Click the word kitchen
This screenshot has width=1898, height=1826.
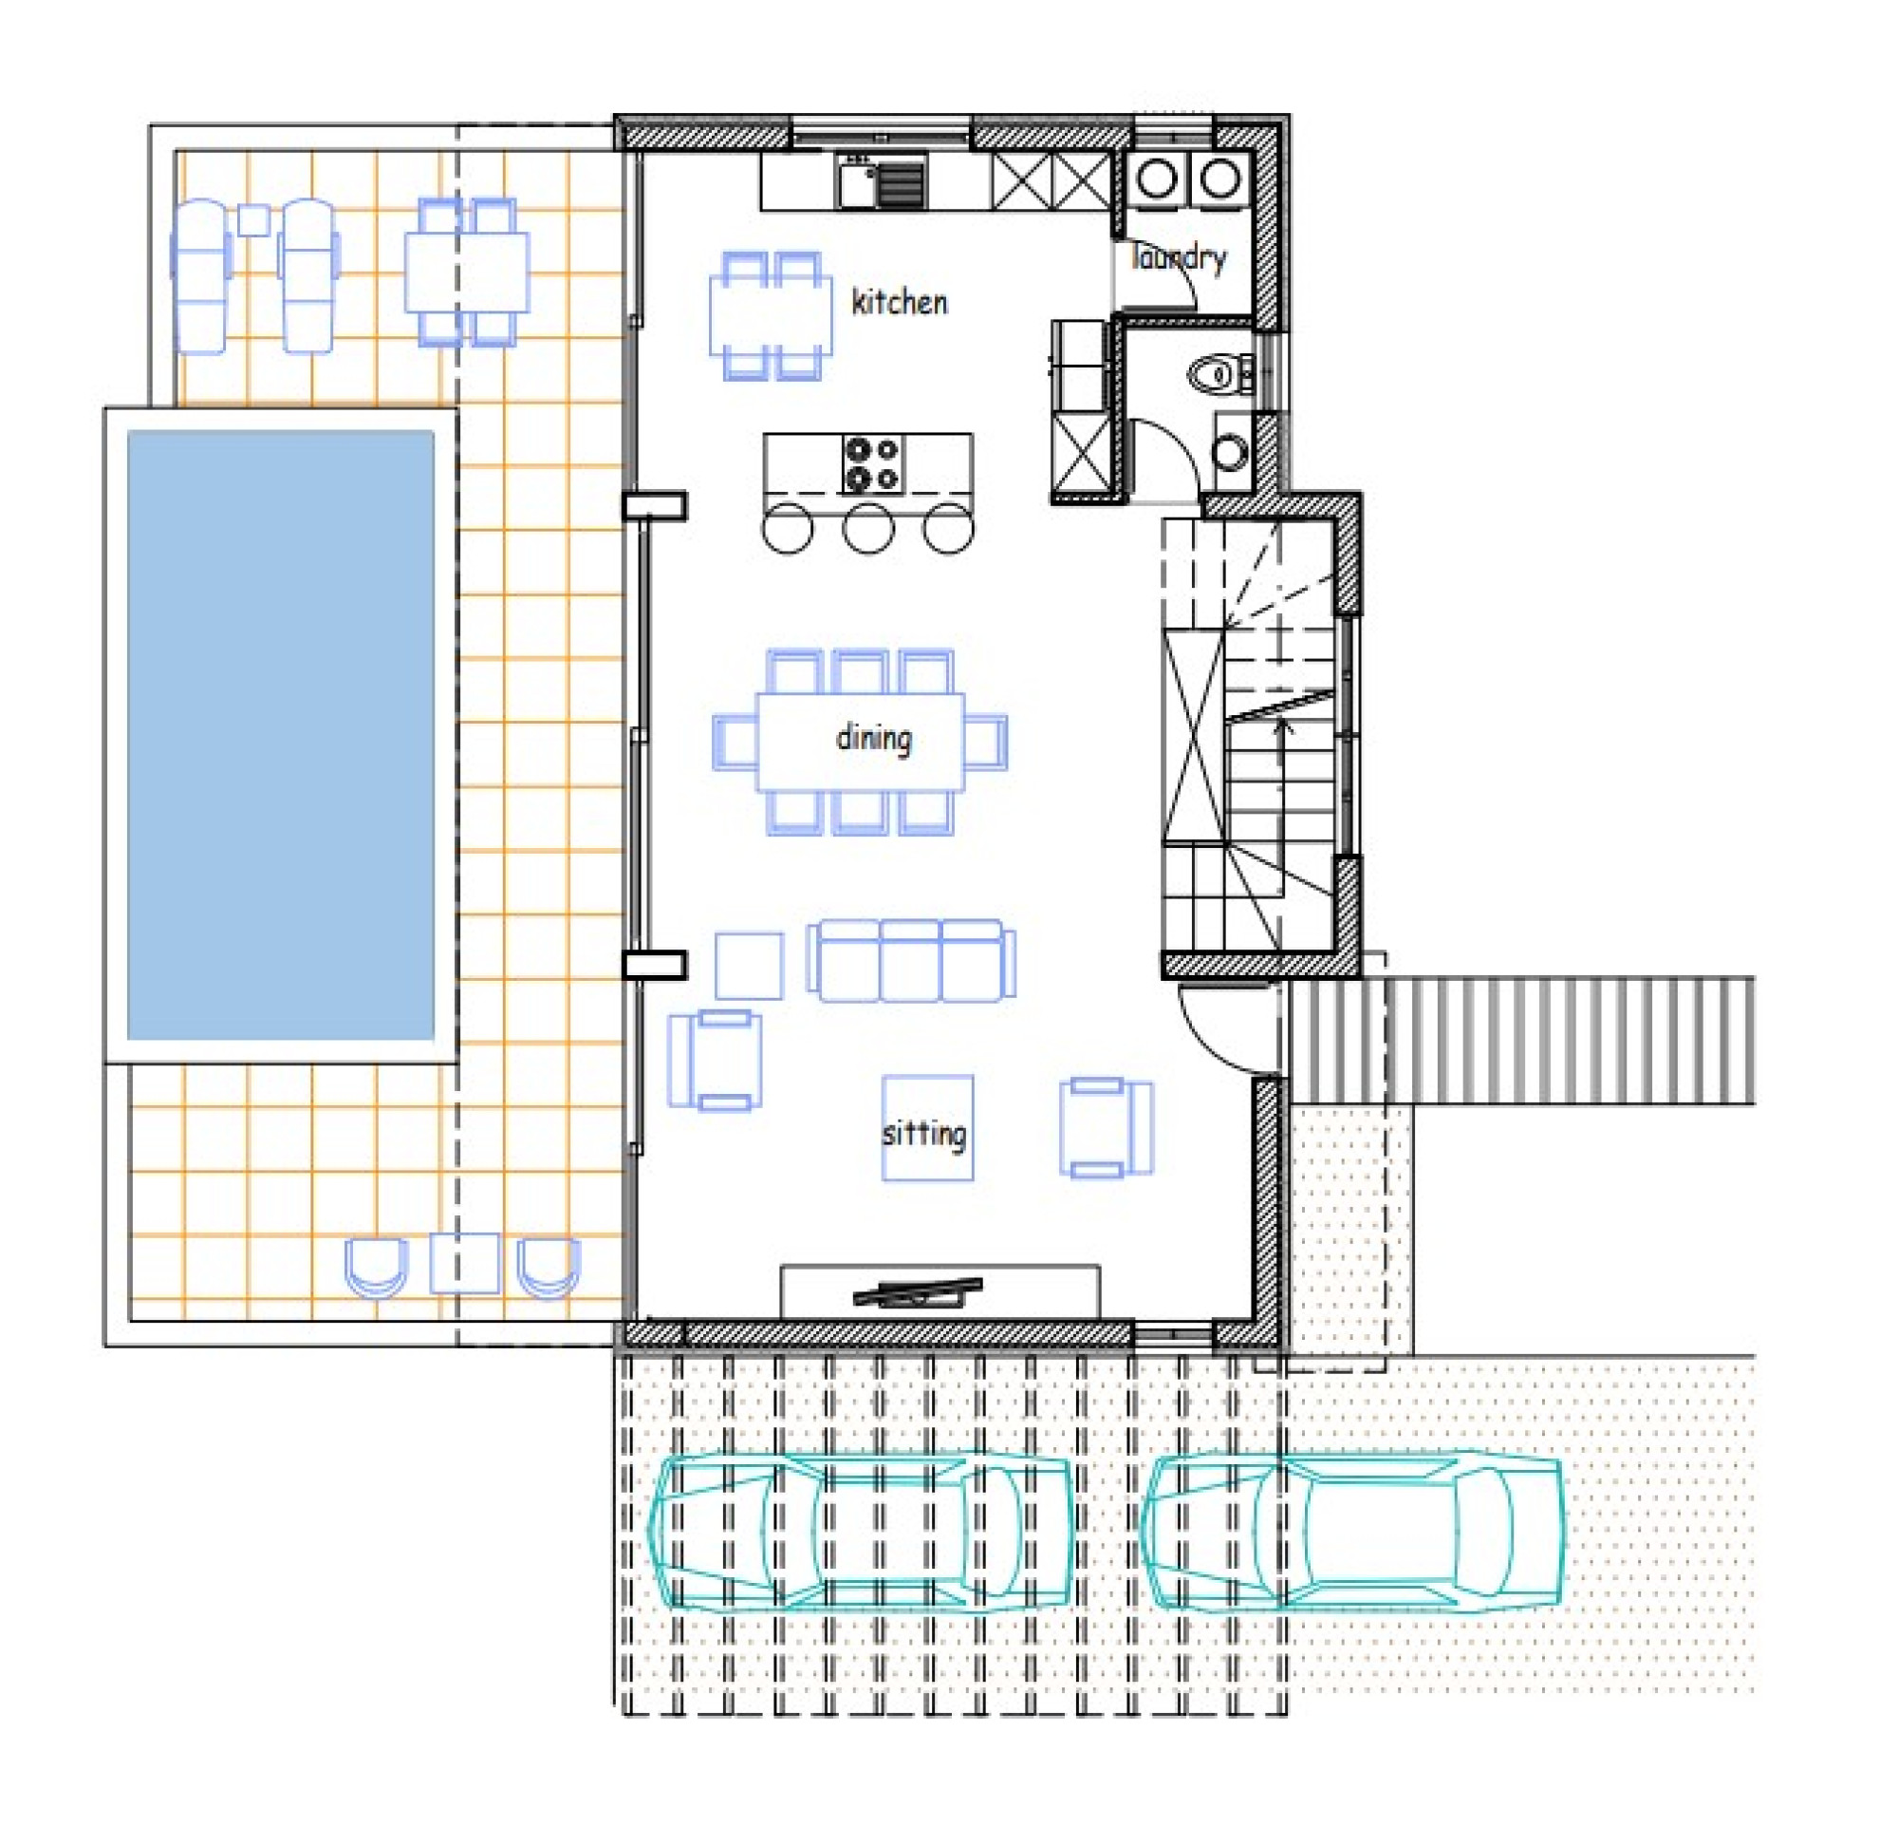point(899,302)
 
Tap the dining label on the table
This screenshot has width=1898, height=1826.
point(873,739)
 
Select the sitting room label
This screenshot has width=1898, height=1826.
point(923,1134)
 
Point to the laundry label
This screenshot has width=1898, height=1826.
point(1179,257)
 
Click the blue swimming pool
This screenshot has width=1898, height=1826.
point(281,735)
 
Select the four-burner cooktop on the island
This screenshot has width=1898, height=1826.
point(872,464)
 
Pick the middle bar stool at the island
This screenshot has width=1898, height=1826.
point(867,528)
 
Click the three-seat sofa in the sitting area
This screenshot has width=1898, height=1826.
point(911,960)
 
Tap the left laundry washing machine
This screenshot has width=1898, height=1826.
point(1157,179)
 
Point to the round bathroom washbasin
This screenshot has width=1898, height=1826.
point(1231,452)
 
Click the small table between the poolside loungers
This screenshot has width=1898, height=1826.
point(253,220)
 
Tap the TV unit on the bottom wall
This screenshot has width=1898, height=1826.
point(940,1291)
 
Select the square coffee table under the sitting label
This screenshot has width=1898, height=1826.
point(928,1127)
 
